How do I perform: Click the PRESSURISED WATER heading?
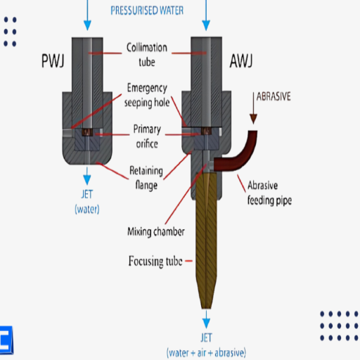tap(147, 11)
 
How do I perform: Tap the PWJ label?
tap(53, 60)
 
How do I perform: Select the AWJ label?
tap(241, 60)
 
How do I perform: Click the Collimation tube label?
tap(147, 55)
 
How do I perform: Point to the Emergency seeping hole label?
tap(147, 95)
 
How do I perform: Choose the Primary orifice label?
tap(147, 136)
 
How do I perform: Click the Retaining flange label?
tap(146, 178)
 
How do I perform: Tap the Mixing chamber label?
tap(156, 231)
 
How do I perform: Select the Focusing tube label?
tap(155, 261)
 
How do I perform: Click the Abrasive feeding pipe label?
tap(269, 193)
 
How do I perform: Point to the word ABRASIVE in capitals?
tap(274, 96)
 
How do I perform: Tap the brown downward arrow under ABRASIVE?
tap(253, 108)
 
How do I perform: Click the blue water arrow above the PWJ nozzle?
tap(87, 15)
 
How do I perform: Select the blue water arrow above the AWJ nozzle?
tap(206, 15)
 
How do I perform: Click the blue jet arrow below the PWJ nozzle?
tap(87, 176)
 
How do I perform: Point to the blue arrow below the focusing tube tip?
tap(206, 319)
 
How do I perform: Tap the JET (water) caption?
tap(87, 202)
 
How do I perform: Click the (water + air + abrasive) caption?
tap(206, 353)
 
